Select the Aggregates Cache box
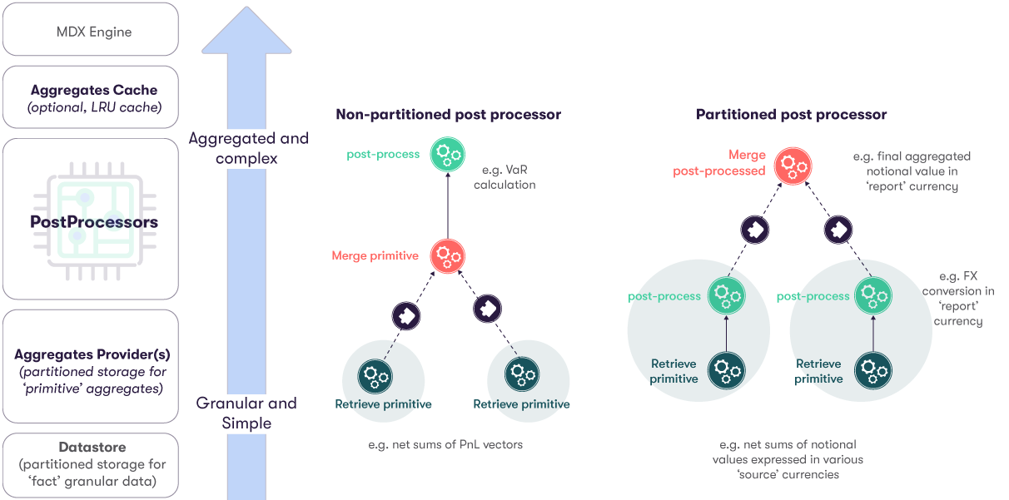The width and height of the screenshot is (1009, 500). pyautogui.click(x=90, y=98)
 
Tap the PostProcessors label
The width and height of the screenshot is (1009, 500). pyautogui.click(x=93, y=222)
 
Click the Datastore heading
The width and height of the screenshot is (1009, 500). pyautogui.click(x=92, y=448)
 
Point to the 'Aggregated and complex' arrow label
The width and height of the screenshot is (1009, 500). pyautogui.click(x=248, y=148)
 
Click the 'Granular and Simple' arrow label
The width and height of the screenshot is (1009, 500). pyautogui.click(x=246, y=413)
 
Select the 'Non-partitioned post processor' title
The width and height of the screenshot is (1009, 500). pyautogui.click(x=448, y=115)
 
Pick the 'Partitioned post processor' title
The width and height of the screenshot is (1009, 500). pyautogui.click(x=791, y=115)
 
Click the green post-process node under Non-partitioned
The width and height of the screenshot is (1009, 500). pyautogui.click(x=448, y=155)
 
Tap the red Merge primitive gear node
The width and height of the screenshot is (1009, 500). pyautogui.click(x=448, y=255)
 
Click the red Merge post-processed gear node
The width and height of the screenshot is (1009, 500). pyautogui.click(x=793, y=164)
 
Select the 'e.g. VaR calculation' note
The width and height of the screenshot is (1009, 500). pyautogui.click(x=504, y=177)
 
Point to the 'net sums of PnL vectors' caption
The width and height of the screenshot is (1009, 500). pyautogui.click(x=445, y=444)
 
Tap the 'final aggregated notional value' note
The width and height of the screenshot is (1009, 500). pyautogui.click(x=912, y=171)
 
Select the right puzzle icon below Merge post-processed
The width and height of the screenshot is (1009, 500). pyautogui.click(x=837, y=230)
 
